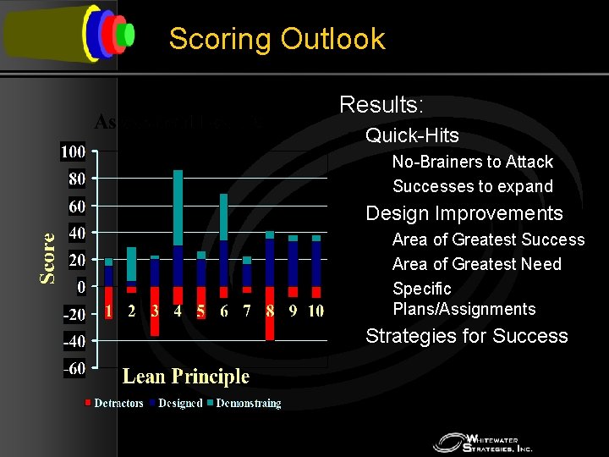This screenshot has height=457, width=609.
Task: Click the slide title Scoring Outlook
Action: tap(277, 39)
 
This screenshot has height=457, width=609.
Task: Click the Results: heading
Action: tap(381, 105)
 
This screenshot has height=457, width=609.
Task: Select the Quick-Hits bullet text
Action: tap(412, 135)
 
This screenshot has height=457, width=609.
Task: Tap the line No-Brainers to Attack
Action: tap(472, 162)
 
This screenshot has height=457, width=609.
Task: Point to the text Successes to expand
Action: tap(472, 186)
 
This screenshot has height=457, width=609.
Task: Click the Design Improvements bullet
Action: tap(464, 213)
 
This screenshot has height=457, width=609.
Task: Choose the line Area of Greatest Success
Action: tap(488, 240)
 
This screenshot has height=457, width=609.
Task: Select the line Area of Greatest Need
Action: tap(476, 264)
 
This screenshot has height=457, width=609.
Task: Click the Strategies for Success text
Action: tap(466, 336)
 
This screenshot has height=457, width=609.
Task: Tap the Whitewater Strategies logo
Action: tap(482, 442)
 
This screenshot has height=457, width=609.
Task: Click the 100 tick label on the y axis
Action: tap(73, 152)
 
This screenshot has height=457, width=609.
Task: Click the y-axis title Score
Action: tap(49, 258)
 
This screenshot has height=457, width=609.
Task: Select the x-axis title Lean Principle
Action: tap(186, 377)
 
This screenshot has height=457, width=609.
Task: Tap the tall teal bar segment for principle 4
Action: tap(178, 207)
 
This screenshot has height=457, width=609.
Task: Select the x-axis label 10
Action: tap(315, 311)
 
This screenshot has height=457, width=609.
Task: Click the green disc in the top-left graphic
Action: tap(128, 34)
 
